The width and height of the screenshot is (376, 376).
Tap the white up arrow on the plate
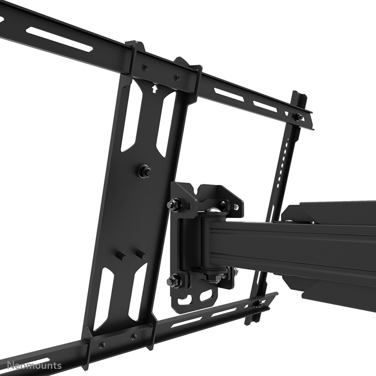pos(154,89)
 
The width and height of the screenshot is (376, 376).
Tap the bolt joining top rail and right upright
pos(298,117)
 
